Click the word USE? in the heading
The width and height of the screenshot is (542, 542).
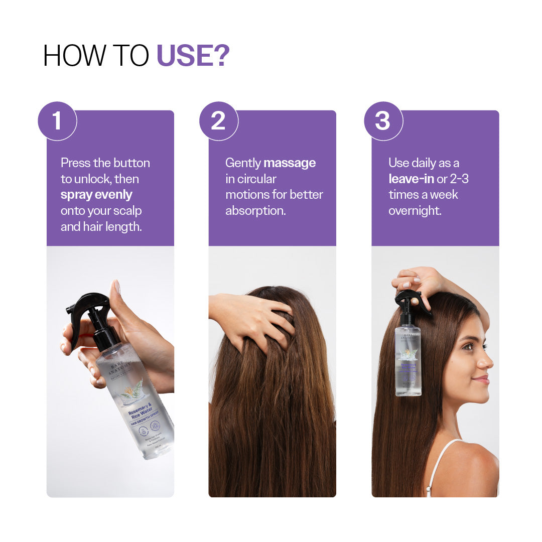pyautogui.click(x=193, y=56)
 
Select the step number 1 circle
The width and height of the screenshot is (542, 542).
pyautogui.click(x=57, y=121)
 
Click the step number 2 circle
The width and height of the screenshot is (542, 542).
pyautogui.click(x=218, y=121)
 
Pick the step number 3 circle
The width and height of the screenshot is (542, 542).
pyautogui.click(x=383, y=121)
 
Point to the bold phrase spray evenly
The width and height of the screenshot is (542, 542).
pyautogui.click(x=96, y=195)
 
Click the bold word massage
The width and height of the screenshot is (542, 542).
pyautogui.click(x=290, y=163)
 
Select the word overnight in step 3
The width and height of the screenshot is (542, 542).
pyautogui.click(x=415, y=211)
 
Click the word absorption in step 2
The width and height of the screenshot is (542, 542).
pyautogui.click(x=255, y=211)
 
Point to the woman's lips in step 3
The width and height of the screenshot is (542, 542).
pyautogui.click(x=482, y=380)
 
